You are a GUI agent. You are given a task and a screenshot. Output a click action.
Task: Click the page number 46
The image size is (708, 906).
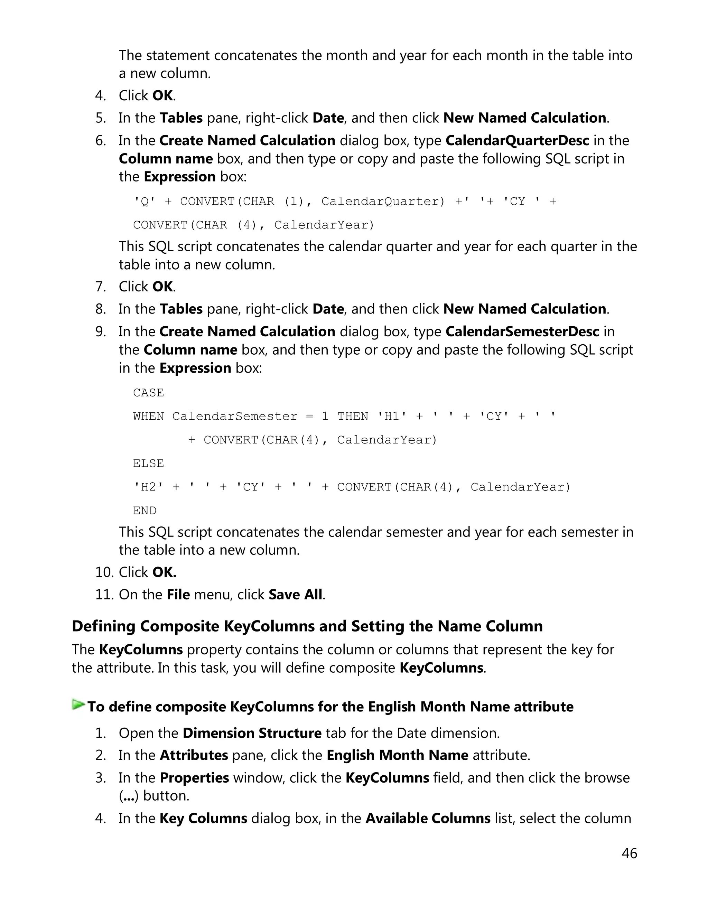(629, 853)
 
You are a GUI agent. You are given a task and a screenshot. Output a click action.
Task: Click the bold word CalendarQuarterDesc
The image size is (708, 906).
(517, 141)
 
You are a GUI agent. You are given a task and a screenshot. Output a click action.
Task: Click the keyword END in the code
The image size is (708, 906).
(145, 511)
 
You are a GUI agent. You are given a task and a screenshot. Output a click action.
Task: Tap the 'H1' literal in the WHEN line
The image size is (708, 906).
(392, 416)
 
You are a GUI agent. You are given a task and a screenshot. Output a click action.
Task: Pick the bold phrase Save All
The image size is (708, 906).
(295, 595)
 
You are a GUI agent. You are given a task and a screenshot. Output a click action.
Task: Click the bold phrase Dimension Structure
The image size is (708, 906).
(252, 733)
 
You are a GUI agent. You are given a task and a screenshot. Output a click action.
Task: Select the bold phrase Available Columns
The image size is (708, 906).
(428, 818)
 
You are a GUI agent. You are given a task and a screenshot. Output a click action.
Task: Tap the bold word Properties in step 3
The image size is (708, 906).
(194, 777)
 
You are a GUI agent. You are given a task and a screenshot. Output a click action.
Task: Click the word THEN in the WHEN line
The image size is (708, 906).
(353, 416)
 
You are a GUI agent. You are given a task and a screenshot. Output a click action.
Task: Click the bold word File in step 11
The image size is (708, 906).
(178, 595)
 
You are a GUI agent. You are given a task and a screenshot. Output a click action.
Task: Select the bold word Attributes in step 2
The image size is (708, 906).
(194, 755)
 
